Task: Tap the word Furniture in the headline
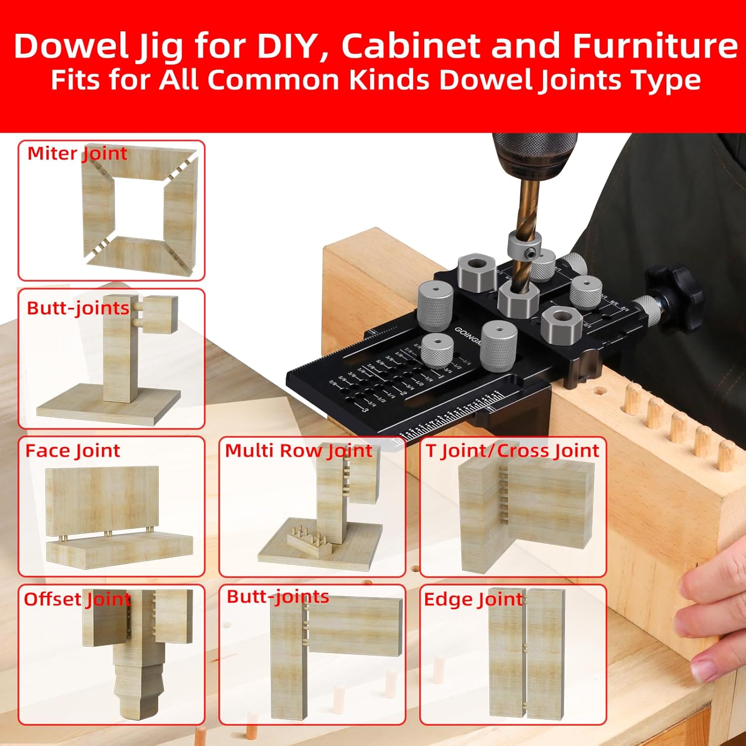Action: [x=655, y=46]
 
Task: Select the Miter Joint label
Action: [x=77, y=154]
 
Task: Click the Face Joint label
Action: [x=73, y=451]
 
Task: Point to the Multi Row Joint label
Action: [x=298, y=451]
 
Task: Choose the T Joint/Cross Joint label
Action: [x=512, y=451]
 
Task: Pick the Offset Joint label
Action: [x=77, y=599]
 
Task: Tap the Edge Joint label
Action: [x=473, y=600]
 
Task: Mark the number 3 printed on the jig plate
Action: [x=366, y=410]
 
